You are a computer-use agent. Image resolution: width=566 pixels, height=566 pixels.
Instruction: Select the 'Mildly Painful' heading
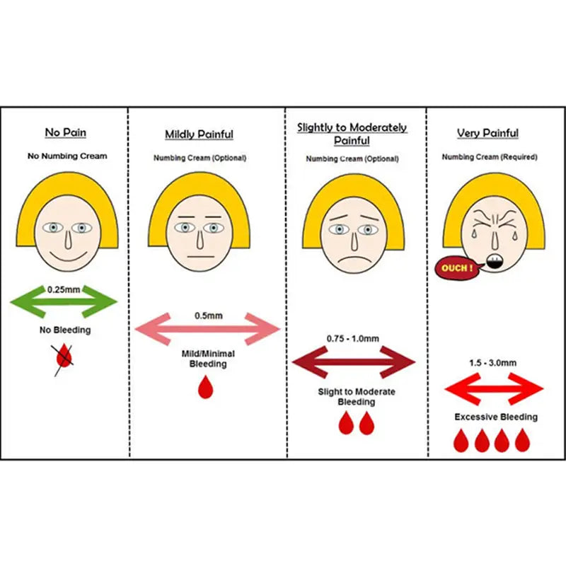tap(199, 134)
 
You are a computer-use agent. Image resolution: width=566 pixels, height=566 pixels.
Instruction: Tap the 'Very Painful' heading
tap(487, 133)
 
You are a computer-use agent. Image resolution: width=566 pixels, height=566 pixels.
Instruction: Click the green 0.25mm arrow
tap(64, 303)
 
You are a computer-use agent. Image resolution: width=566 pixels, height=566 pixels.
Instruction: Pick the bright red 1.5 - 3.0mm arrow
tap(493, 388)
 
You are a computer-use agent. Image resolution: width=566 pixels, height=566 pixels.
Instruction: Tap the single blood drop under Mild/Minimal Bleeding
tap(205, 387)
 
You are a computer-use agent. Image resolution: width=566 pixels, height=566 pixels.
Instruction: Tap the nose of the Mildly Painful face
tap(200, 241)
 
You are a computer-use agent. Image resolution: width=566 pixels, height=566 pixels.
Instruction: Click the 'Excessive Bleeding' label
tap(495, 417)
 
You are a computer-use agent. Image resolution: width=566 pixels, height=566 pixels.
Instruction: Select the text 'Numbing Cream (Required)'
tap(489, 156)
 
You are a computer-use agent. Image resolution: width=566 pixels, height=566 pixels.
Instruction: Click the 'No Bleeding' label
tap(64, 330)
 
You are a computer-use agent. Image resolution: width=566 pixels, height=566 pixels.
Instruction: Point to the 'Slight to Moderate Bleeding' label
tap(356, 397)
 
